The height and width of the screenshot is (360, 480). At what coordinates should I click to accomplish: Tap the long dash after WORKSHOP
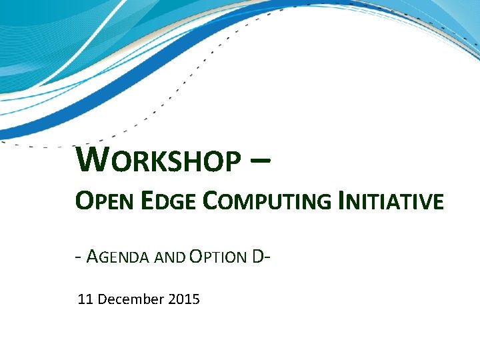click(262, 161)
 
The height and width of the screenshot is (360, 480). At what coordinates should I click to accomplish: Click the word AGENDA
click(118, 256)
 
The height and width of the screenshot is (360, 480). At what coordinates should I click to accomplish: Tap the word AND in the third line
click(170, 257)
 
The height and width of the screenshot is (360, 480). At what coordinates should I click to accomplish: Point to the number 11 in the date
click(85, 299)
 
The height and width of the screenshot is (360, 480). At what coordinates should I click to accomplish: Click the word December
click(131, 299)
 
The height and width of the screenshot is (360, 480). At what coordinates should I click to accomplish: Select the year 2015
click(184, 299)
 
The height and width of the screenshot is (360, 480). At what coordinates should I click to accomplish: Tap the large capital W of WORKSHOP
click(90, 159)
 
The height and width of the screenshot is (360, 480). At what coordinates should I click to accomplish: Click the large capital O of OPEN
click(84, 200)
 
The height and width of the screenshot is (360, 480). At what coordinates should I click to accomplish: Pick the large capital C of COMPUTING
click(209, 200)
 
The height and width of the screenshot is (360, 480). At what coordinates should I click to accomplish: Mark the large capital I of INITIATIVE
click(342, 200)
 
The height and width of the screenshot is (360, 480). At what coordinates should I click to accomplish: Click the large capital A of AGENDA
click(93, 255)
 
